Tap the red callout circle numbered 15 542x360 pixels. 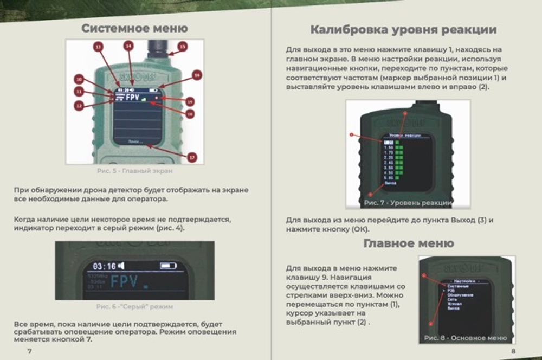click(x=182, y=47)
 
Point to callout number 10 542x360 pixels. click(x=79, y=78)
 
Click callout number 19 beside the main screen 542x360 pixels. click(x=190, y=101)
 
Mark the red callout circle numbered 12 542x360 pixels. click(x=79, y=106)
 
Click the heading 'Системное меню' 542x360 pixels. click(x=134, y=28)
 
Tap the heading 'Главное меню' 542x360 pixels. click(x=409, y=243)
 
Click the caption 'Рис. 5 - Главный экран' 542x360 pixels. click(x=134, y=171)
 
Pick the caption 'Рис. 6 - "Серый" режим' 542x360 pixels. click(x=134, y=306)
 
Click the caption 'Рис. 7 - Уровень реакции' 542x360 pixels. click(x=408, y=202)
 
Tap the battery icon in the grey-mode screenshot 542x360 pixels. click(x=168, y=266)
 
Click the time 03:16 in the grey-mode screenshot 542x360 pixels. click(x=105, y=266)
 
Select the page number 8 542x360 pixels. click(x=513, y=351)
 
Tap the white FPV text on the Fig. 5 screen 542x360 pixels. click(x=133, y=98)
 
